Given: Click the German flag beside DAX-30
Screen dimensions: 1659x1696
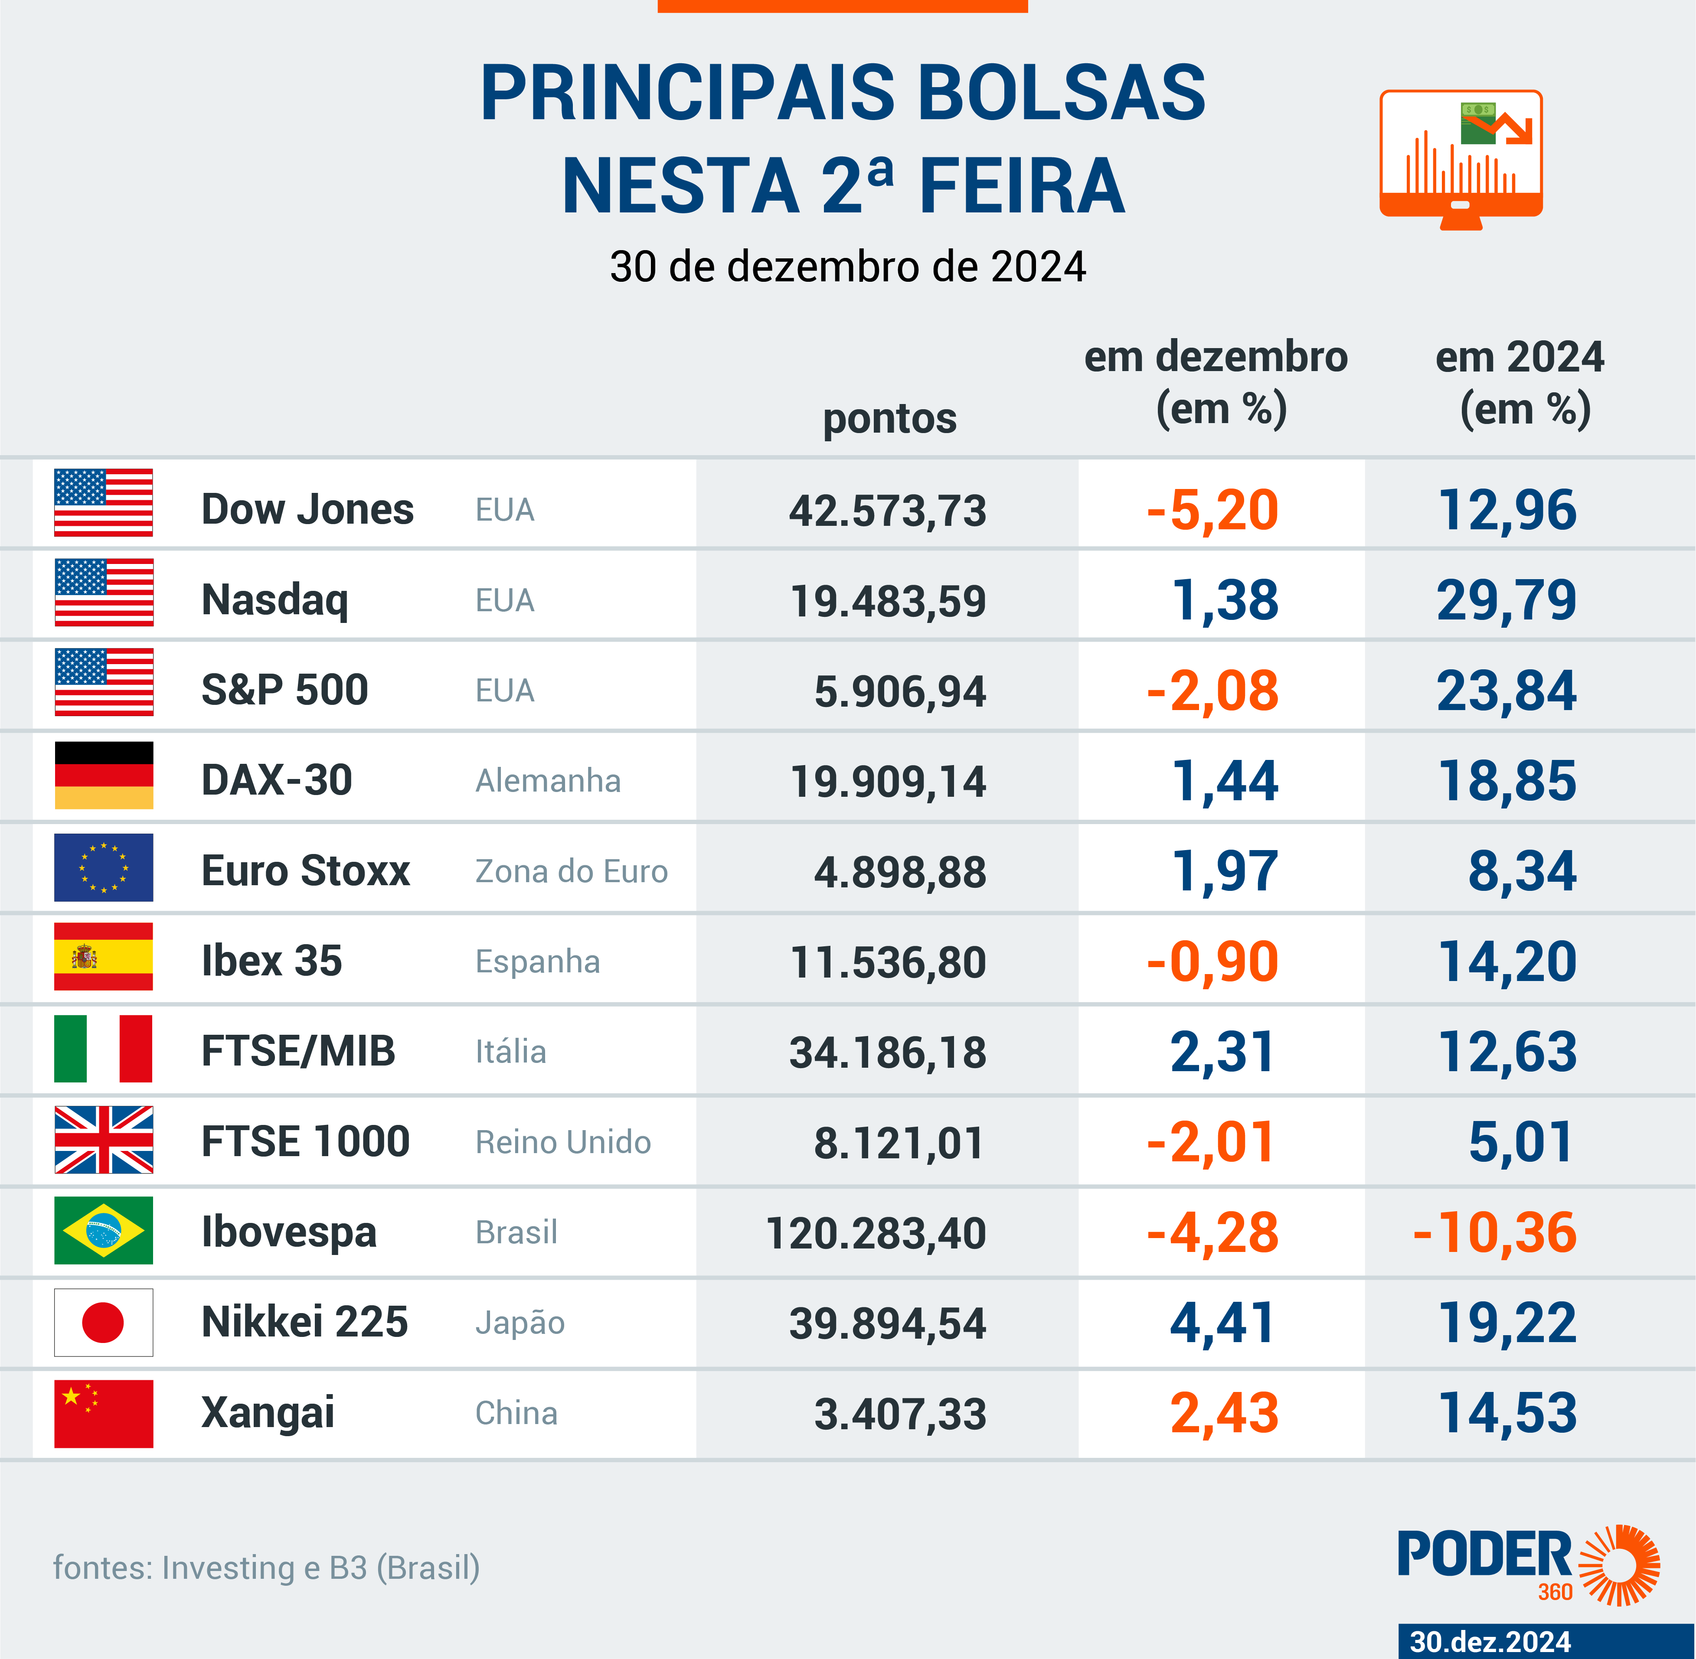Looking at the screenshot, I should pos(104,776).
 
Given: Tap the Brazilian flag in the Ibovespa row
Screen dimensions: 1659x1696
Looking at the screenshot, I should pos(104,1230).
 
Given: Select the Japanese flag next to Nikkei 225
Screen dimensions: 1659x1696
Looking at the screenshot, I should pos(104,1322).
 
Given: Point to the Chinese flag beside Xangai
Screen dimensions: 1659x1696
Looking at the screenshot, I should pos(104,1413).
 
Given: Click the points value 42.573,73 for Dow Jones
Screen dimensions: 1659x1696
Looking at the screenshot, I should pos(887,511).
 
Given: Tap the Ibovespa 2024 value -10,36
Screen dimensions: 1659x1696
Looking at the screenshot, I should pos(1495,1233).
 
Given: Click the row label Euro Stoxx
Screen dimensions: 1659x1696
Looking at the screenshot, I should pos(305,870).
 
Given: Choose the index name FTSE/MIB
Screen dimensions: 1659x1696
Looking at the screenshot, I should pos(298,1051).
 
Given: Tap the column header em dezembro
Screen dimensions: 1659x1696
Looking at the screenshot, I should pos(1216,357).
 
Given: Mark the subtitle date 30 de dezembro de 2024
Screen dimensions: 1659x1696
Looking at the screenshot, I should pos(847,267).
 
